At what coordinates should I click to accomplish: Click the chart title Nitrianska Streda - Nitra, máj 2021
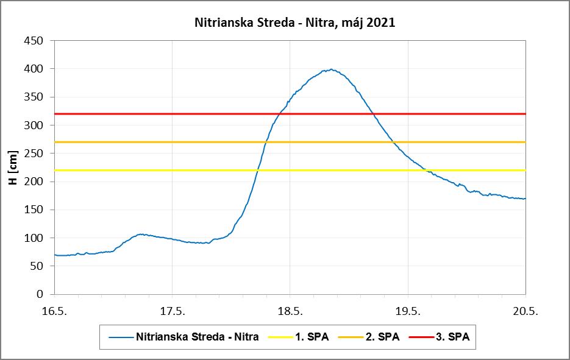point(294,23)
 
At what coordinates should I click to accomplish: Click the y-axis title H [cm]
point(14,167)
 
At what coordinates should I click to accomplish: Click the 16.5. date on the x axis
point(54,311)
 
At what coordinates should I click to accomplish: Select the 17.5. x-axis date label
point(172,311)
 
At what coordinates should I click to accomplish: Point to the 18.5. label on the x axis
point(290,311)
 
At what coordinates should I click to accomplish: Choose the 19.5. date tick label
point(407,311)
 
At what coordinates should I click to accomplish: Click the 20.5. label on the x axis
point(525,311)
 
